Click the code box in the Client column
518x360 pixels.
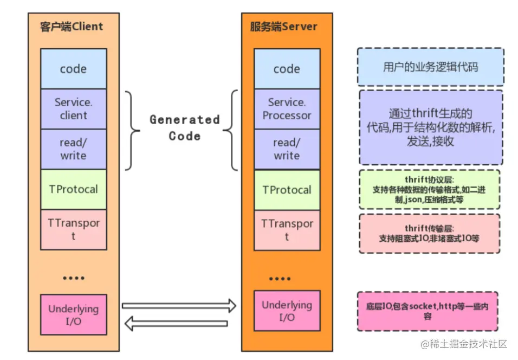73,69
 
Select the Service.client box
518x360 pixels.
73,108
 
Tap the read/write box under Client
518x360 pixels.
73,149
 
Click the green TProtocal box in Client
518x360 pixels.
73,189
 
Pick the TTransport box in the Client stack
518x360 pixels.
73,229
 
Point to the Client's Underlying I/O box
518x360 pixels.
73,315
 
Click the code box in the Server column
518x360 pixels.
287,69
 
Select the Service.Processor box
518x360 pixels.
287,108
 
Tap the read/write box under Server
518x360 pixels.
287,149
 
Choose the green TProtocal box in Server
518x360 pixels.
287,190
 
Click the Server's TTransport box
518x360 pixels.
287,230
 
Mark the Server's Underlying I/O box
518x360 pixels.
287,311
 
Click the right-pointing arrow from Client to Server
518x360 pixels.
179,306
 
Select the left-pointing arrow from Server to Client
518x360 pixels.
176,324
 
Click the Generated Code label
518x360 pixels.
184,127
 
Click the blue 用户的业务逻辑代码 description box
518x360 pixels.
430,67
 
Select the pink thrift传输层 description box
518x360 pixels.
429,233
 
